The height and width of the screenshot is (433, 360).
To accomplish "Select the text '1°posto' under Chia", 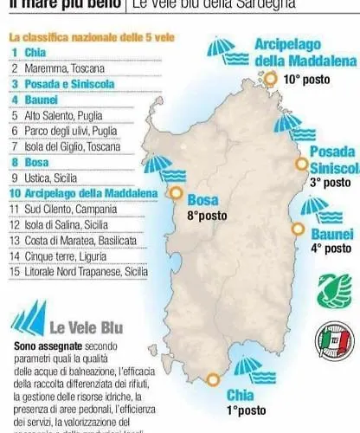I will click(247, 410).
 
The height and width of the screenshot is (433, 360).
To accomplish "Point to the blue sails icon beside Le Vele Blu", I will click(27, 322).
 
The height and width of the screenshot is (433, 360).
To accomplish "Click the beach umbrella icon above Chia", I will click(250, 368).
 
